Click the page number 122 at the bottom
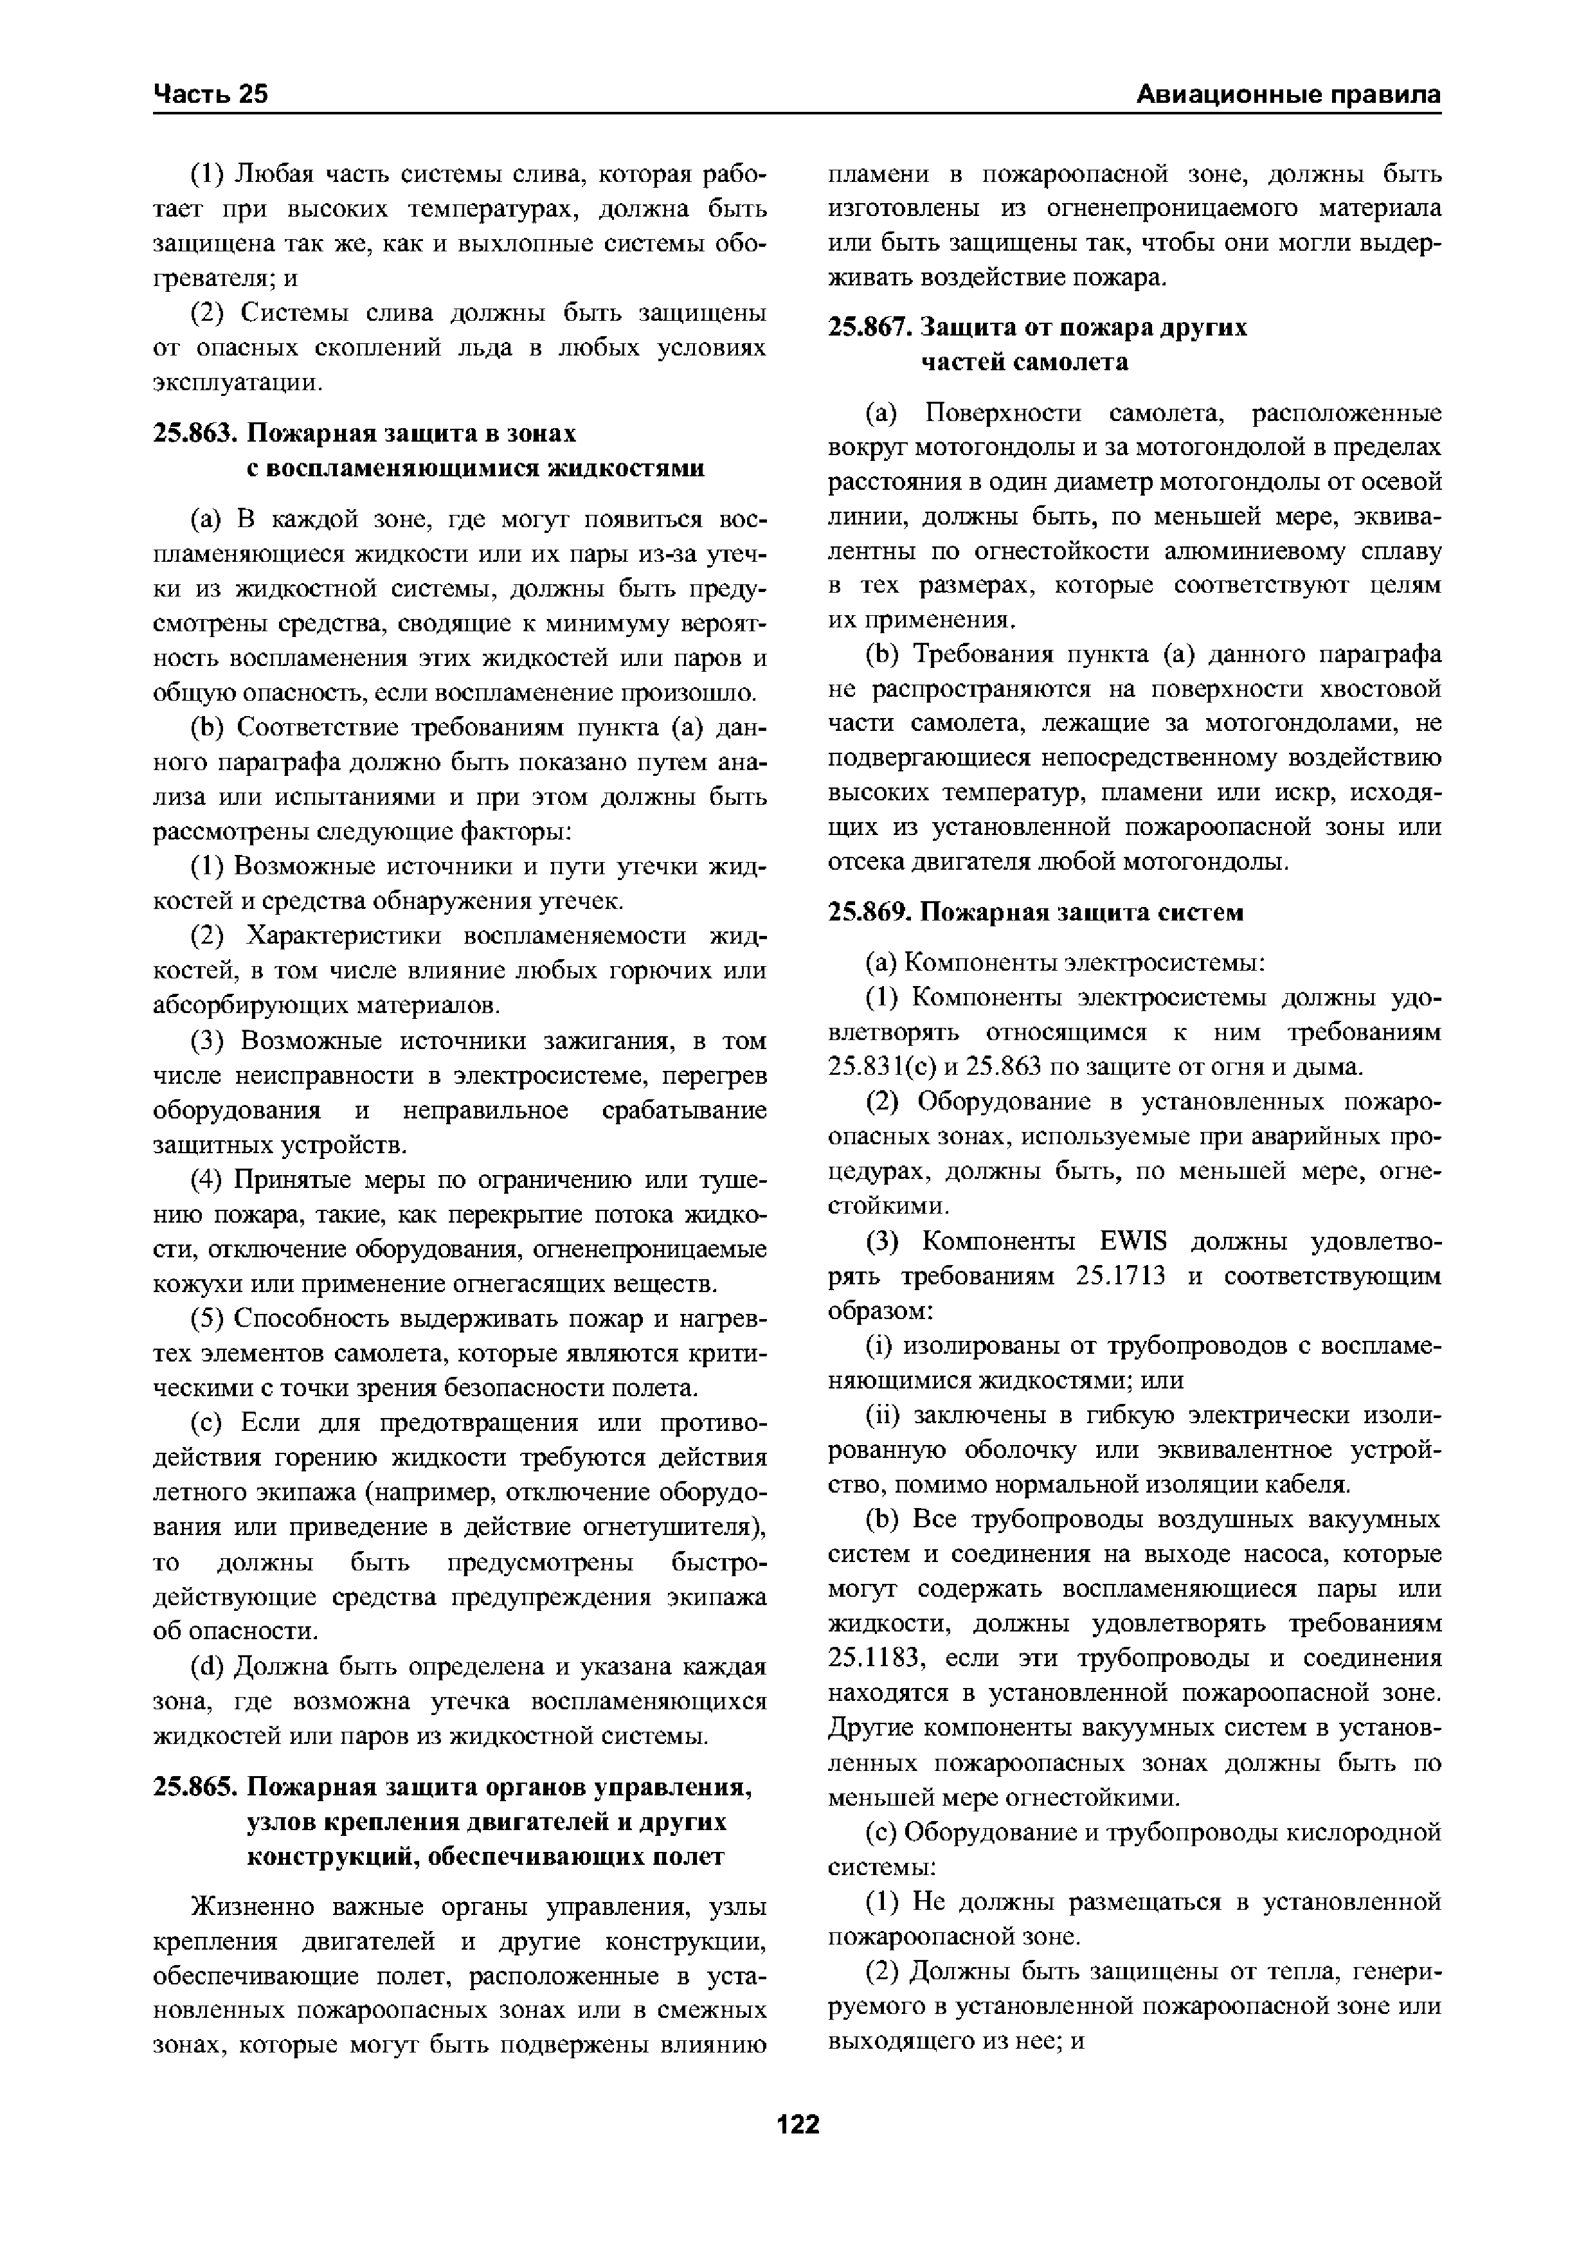click(x=797, y=2125)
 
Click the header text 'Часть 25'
click(x=211, y=94)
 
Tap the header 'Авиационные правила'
click(x=1288, y=94)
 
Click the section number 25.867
click(x=869, y=327)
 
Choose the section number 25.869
click(x=869, y=912)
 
